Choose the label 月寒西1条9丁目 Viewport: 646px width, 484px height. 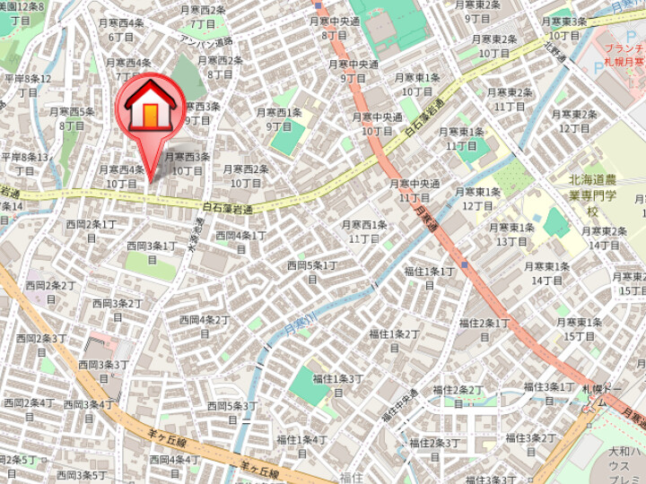click(x=279, y=119)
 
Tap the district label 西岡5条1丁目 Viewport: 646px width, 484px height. click(x=311, y=272)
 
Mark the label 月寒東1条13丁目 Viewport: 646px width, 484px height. click(x=512, y=234)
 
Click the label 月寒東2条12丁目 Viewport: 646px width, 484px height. click(x=574, y=121)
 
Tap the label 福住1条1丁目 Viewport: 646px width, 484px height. click(x=429, y=277)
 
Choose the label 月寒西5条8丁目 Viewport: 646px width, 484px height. click(x=73, y=118)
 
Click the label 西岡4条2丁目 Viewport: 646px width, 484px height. click(x=205, y=325)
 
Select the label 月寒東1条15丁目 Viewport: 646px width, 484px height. click(x=577, y=329)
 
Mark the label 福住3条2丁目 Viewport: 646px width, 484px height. click(x=530, y=444)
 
